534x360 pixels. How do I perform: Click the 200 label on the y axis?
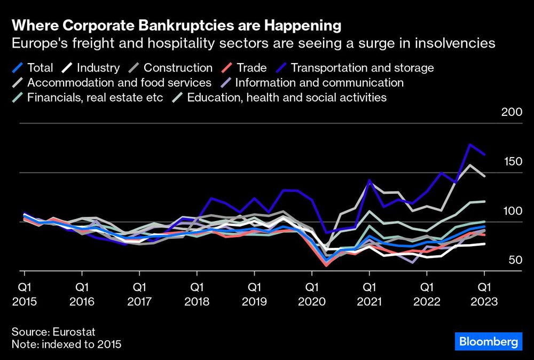tap(511, 112)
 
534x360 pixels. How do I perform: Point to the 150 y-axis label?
tap(511, 162)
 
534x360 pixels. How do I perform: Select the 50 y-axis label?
tap(514, 260)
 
